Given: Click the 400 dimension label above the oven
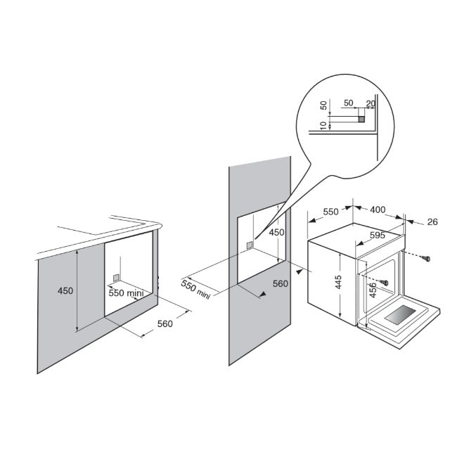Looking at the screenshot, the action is [378, 210].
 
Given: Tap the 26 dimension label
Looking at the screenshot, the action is [432, 222].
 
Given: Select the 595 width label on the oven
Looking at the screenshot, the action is [377, 236].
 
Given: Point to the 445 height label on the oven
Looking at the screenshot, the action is [338, 282].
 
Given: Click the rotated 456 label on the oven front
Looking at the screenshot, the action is [372, 290].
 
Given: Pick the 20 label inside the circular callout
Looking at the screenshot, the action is [371, 103].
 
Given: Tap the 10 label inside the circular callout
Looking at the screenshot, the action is [323, 125].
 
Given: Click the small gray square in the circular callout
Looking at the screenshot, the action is [361, 119].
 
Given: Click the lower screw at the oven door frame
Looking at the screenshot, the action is [384, 283].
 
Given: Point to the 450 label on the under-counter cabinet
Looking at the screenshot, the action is [65, 290].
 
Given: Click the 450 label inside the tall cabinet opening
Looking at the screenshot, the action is [276, 232].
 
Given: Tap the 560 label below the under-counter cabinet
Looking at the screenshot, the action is [165, 323].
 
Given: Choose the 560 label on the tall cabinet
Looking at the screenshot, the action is [280, 283].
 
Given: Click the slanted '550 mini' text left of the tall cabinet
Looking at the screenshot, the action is [195, 289].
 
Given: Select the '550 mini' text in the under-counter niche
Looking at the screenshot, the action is [126, 292].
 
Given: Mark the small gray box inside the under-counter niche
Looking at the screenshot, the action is [116, 278].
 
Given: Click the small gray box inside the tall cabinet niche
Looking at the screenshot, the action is [250, 245].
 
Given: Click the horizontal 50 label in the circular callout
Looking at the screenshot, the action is [349, 103].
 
